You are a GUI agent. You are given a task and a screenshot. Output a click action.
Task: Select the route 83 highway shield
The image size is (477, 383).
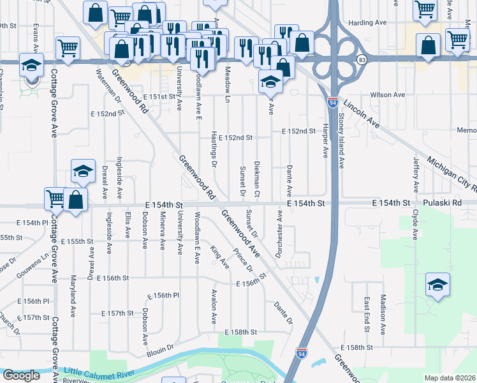coord(362,59)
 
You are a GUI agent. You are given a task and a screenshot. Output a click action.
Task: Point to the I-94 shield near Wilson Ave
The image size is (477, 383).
coord(333,101)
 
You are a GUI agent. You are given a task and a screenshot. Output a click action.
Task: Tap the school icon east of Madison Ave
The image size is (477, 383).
coord(438,285)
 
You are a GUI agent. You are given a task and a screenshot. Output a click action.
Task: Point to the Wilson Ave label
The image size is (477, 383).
coord(392,94)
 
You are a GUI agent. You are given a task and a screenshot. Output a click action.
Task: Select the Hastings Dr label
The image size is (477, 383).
coord(214,151)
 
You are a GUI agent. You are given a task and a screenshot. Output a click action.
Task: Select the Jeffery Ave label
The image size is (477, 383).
coord(416,172)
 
